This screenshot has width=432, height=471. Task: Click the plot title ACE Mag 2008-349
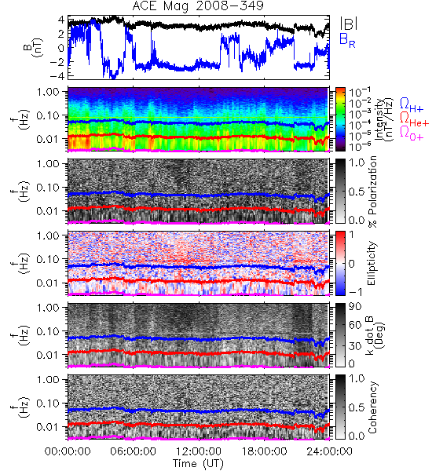[x=198, y=5]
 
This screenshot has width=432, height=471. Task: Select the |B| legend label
[x=349, y=24]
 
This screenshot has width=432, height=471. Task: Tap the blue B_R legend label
[x=347, y=40]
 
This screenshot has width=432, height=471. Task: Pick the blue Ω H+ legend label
[x=412, y=105]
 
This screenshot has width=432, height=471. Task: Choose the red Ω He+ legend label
[x=414, y=119]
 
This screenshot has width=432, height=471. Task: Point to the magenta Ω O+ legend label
[x=412, y=133]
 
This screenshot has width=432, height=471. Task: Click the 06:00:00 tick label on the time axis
[x=134, y=451]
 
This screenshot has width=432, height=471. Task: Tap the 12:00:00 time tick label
[x=199, y=451]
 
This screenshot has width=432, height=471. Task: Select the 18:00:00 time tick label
[x=264, y=451]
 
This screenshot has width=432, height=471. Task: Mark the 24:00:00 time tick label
[x=329, y=451]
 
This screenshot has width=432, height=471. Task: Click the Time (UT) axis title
[x=199, y=464]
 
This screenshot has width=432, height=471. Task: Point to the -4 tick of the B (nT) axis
[x=57, y=76]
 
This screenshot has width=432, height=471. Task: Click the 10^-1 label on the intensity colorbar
[x=357, y=92]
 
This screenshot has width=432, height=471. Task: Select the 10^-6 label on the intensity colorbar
[x=357, y=146]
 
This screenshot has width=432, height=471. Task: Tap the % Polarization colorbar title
[x=372, y=192]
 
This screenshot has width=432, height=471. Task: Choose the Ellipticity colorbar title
[x=372, y=263]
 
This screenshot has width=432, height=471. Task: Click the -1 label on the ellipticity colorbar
[x=355, y=292]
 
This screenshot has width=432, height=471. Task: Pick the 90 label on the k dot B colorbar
[x=354, y=307]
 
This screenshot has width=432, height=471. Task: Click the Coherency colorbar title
[x=372, y=407]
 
